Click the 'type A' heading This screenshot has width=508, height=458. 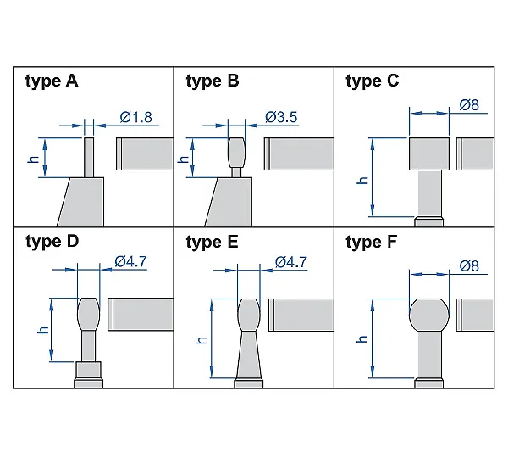[x=52, y=81]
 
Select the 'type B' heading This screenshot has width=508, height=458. [x=213, y=81]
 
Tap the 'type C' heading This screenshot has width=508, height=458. [x=373, y=81]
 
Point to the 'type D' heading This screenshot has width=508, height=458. [x=52, y=242]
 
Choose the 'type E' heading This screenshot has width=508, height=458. [x=212, y=242]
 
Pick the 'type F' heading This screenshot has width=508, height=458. [x=372, y=242]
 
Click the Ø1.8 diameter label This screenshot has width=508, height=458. [x=135, y=117]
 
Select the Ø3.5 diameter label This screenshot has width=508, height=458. [x=281, y=117]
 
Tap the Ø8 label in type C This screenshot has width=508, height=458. [x=469, y=105]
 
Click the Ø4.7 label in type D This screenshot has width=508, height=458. [x=130, y=261]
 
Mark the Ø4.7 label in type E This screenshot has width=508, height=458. [x=291, y=262]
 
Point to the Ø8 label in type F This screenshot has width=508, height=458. [x=469, y=266]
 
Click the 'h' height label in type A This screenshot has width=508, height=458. [x=34, y=159]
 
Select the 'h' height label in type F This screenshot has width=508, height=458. [x=362, y=339]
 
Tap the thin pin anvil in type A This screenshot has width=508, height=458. [x=89, y=158]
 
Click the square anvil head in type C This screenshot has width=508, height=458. [x=429, y=154]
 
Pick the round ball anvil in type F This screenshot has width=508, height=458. [x=429, y=316]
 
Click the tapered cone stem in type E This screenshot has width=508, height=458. [x=249, y=355]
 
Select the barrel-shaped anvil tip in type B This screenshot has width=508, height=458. [x=237, y=152]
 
